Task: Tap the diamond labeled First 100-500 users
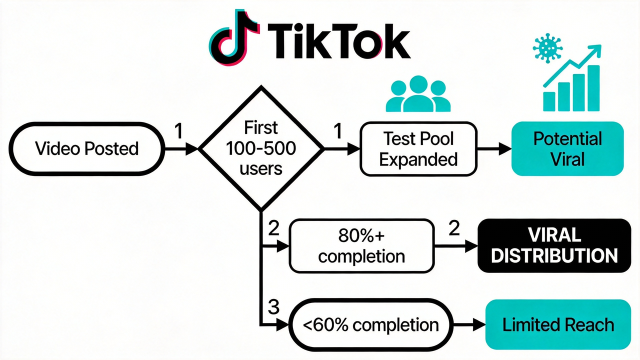(x=261, y=148)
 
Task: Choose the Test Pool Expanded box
(x=418, y=148)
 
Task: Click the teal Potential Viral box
(x=567, y=148)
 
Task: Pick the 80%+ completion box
(x=362, y=246)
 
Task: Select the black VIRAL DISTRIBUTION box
(x=554, y=245)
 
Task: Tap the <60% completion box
(x=371, y=324)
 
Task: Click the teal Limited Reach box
(x=558, y=324)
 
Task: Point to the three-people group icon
(x=418, y=95)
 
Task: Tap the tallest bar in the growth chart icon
(x=593, y=87)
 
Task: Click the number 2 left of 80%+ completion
(x=273, y=229)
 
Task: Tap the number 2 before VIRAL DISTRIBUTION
(x=454, y=229)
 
